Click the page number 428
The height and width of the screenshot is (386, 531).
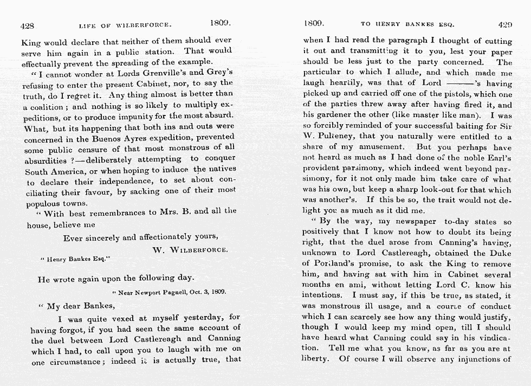[x=28, y=25]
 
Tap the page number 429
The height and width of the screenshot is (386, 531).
[x=504, y=24]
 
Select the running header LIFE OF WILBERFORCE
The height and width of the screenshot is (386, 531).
[x=125, y=25]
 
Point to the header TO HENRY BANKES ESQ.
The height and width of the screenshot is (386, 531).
[x=407, y=24]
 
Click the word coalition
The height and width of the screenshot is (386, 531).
[x=50, y=107]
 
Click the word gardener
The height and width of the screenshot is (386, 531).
[x=336, y=115]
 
